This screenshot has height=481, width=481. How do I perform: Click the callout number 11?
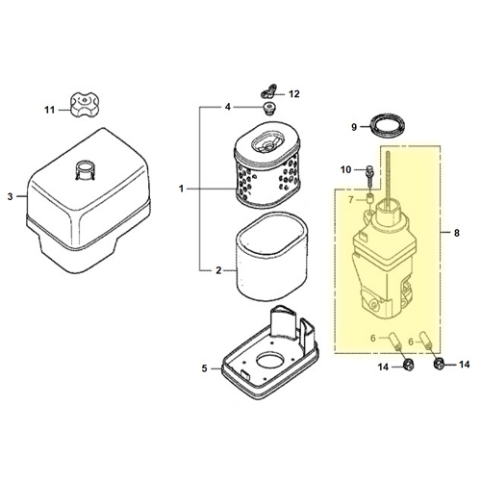[49, 110]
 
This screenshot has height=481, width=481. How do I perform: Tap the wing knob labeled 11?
[84, 106]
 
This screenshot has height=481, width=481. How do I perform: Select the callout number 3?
[11, 196]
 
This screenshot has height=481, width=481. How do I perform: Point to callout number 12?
[294, 94]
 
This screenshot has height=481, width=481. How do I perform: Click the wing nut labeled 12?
[269, 91]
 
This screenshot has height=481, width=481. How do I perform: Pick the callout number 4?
[228, 107]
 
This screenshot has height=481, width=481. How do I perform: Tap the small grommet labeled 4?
[269, 108]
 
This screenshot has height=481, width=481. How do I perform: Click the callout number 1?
[181, 189]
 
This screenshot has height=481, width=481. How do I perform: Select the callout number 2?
[218, 270]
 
